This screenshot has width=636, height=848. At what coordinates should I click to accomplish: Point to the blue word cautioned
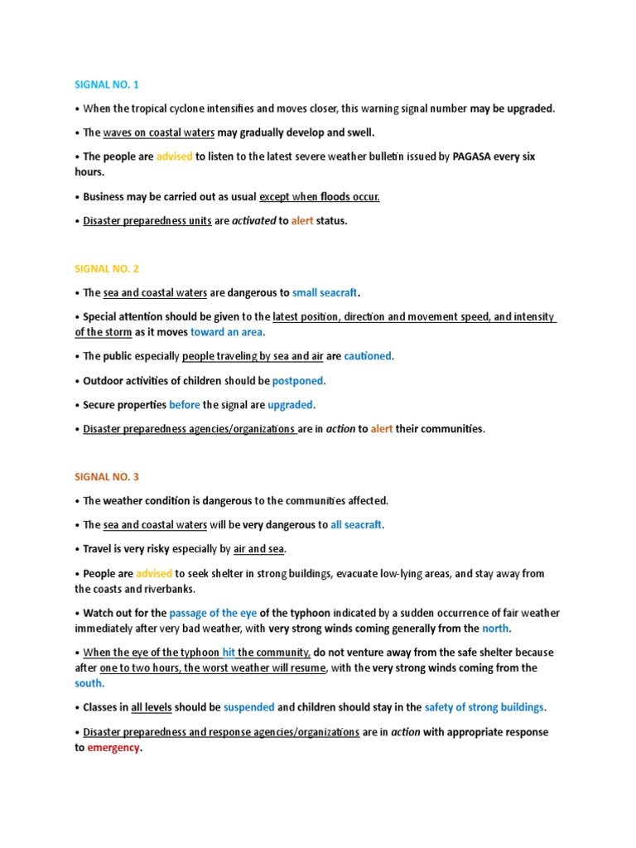(x=368, y=356)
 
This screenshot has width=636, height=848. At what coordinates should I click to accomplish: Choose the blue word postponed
(x=298, y=381)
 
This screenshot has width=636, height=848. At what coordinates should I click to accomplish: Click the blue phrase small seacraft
(x=325, y=292)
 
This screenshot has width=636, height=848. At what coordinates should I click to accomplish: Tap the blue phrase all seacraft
(x=357, y=525)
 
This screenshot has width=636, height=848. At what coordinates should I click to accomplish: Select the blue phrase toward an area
(x=226, y=332)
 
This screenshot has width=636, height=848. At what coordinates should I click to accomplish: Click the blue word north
(x=495, y=629)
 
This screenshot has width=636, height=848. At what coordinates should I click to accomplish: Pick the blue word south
(x=89, y=683)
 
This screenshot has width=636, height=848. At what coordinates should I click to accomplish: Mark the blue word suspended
(x=248, y=707)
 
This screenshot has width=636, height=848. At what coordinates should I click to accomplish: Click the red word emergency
(x=113, y=748)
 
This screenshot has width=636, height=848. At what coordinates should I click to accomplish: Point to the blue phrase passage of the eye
(x=212, y=613)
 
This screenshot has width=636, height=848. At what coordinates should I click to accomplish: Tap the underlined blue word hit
(x=229, y=653)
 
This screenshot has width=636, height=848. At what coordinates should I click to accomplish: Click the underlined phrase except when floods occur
(x=319, y=197)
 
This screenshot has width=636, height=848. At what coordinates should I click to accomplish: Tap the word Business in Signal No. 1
(x=106, y=197)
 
